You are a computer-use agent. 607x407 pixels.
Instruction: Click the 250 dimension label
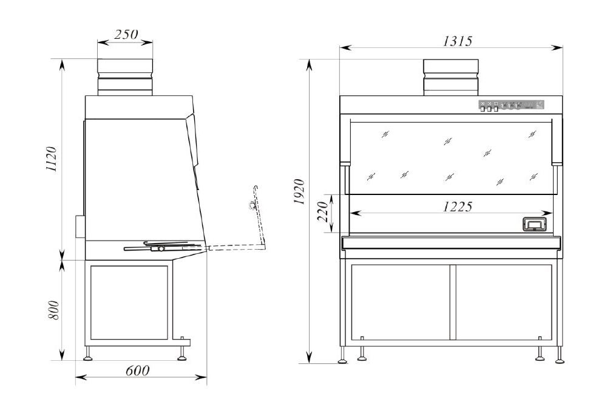(x=126, y=35)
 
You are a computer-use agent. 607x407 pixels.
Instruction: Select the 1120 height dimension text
(x=52, y=159)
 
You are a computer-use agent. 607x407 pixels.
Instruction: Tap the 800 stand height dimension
(x=54, y=310)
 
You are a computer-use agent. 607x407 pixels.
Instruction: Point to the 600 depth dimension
(x=137, y=371)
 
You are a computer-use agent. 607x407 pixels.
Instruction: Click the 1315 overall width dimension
(x=458, y=41)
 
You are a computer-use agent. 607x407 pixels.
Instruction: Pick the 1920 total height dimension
(x=299, y=192)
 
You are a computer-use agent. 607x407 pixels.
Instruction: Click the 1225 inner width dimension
(x=458, y=207)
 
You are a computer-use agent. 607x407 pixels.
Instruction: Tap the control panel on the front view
(x=511, y=106)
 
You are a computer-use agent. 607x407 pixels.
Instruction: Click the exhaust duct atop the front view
(x=451, y=77)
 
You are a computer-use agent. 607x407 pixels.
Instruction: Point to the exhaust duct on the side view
(x=125, y=77)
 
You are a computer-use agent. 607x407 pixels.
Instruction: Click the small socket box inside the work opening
(x=535, y=224)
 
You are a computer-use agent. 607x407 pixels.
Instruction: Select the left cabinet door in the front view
(x=401, y=302)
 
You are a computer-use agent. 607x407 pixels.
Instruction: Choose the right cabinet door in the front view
(x=504, y=302)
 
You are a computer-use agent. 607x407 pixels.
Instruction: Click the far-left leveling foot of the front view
(x=343, y=355)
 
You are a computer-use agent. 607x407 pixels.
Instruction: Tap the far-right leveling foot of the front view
(x=560, y=355)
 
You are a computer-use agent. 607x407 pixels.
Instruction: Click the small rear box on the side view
(x=80, y=226)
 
